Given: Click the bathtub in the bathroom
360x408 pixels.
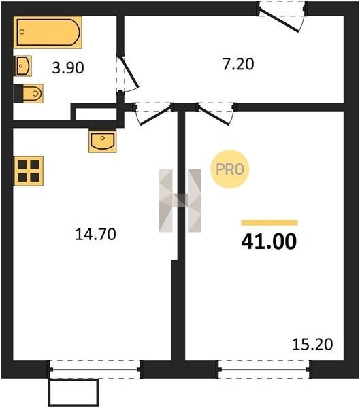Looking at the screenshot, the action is tap(48, 32).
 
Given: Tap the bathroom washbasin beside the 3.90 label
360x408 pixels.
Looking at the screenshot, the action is tap(23, 66).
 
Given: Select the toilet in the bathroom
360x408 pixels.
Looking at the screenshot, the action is tap(29, 93).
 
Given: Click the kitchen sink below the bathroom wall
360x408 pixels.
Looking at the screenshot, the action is tap(103, 141).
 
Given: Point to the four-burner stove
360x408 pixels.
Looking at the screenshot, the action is tap(29, 171).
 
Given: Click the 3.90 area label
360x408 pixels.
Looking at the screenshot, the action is tap(68, 68).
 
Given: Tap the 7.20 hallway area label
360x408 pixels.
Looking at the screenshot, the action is tap(238, 65).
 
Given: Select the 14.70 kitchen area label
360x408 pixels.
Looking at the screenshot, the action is tap(95, 234).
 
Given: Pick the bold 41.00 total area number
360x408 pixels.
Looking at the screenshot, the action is tap(269, 241).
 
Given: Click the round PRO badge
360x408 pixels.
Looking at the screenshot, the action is tap(230, 169).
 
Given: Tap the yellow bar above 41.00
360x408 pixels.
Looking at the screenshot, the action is tap(269, 223).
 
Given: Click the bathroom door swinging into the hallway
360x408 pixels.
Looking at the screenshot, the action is tap(129, 73).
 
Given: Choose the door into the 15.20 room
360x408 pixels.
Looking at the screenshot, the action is tap(214, 114).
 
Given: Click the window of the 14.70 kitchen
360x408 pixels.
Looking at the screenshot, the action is tap(95, 369).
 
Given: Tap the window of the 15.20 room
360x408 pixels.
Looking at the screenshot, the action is tap(264, 369).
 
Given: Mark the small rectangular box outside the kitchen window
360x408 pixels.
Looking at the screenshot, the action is tap(73, 392).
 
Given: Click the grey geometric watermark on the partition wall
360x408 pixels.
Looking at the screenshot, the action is tap(180, 201).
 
